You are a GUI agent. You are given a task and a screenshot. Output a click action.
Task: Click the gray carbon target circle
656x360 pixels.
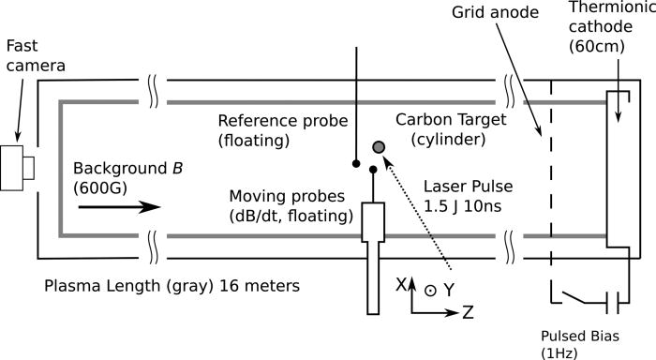click(379, 147)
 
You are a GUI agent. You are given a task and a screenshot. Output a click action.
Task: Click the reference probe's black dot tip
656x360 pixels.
click(356, 163)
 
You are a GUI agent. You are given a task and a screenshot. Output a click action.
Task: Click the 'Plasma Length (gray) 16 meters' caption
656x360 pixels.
click(160, 280)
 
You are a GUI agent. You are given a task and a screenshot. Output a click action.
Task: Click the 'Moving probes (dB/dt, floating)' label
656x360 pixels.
click(291, 207)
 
